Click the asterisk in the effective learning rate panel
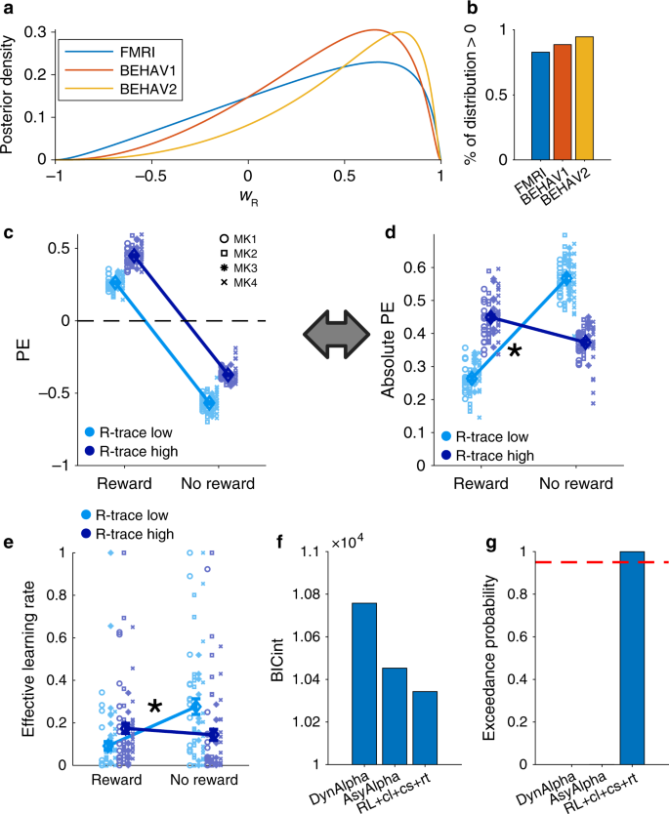click(x=154, y=706)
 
